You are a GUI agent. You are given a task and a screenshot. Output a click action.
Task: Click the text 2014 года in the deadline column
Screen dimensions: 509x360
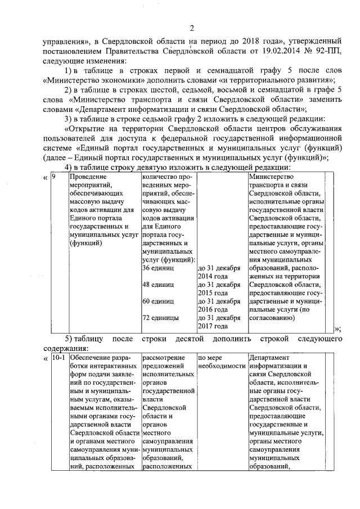tap(213, 276)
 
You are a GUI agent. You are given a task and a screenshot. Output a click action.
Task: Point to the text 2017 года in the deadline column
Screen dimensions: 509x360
tap(213, 326)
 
